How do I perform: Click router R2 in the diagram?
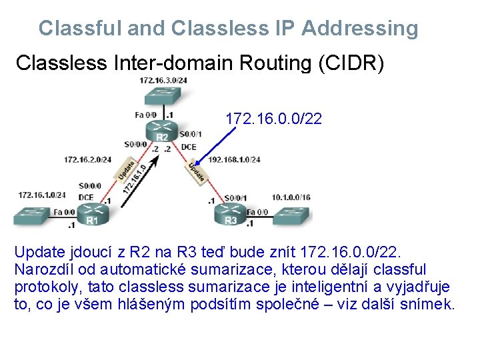point(161,131)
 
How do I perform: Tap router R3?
point(230,215)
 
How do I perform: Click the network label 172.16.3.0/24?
point(163,80)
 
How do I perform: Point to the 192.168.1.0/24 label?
point(234,159)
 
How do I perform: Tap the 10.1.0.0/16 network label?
point(291,197)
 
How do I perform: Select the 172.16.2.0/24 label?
point(87,159)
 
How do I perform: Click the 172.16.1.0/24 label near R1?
point(42,195)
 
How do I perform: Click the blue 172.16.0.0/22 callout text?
point(273,119)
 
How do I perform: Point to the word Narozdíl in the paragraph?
point(43,269)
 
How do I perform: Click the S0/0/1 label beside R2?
point(191,133)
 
